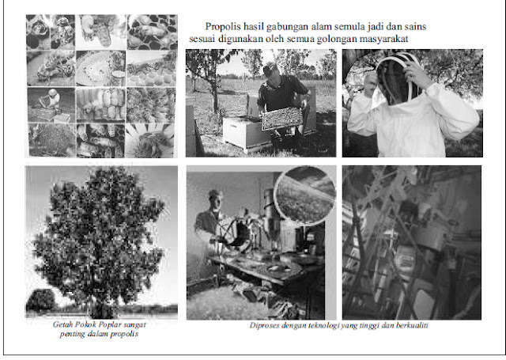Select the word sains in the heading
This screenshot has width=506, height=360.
[x=415, y=26]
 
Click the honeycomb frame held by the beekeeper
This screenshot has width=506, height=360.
[x=282, y=119]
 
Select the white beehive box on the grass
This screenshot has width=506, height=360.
[x=245, y=132]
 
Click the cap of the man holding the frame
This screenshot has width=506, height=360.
[x=270, y=68]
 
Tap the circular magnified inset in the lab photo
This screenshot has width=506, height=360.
[x=305, y=195]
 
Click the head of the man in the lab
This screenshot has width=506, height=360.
[x=214, y=199]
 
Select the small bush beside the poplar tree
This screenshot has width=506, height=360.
[x=40, y=301]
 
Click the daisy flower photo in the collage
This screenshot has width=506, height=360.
[x=150, y=141]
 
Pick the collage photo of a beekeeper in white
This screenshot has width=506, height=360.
[x=51, y=104]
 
